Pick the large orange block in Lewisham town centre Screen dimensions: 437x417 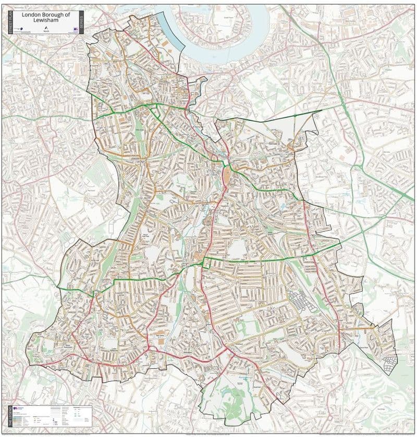coord(228,178)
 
